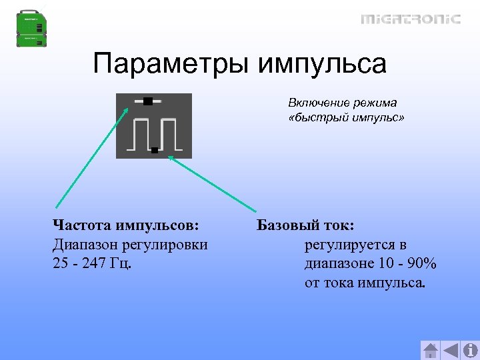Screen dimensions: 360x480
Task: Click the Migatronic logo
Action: click(411, 19)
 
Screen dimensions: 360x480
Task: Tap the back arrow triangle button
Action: click(451, 350)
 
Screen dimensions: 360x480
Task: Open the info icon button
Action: click(470, 350)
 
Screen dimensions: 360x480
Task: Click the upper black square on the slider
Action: click(147, 101)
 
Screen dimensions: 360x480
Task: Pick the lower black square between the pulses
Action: click(154, 151)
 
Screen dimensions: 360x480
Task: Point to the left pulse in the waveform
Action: click(141, 134)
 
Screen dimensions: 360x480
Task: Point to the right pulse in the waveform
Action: click(169, 134)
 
